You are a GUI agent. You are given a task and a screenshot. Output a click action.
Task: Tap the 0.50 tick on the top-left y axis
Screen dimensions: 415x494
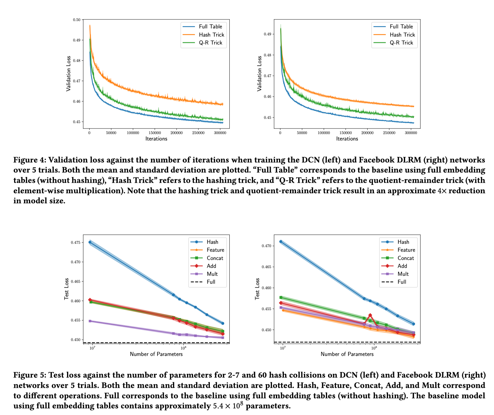pos(77,20)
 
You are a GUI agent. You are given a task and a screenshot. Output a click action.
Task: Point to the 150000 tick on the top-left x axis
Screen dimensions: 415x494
pos(155,133)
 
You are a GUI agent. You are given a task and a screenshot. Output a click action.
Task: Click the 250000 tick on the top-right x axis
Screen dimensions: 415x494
pos(389,133)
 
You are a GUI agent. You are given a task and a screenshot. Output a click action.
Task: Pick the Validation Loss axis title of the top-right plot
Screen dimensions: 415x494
pos(259,73)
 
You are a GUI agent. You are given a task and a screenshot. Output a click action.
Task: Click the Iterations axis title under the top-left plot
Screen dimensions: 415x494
pos(156,139)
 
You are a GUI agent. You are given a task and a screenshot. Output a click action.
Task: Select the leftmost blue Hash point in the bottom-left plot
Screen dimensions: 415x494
pos(90,242)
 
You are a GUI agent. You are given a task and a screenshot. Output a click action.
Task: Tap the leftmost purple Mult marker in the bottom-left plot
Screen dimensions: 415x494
pos(90,321)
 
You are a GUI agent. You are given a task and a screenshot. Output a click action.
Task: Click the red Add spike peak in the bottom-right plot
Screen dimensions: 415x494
pos(370,315)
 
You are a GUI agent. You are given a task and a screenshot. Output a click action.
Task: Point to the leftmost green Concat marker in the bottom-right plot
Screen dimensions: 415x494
pos(281,297)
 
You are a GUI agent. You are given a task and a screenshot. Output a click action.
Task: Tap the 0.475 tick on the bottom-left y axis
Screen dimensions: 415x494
pos(76,243)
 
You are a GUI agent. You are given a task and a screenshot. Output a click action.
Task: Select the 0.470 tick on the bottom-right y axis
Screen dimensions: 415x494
pos(266,246)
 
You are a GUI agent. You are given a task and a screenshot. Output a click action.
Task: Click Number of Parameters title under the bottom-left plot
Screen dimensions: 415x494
pos(156,354)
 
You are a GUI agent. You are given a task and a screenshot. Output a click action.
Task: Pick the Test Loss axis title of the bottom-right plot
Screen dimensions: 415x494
pos(257,289)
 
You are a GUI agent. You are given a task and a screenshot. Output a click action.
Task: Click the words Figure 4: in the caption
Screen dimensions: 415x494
pos(30,160)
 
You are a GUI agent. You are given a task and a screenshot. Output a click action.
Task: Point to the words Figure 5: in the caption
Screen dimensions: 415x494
pos(30,375)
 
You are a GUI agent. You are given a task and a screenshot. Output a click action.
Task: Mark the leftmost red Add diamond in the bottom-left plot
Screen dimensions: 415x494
pos(90,300)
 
